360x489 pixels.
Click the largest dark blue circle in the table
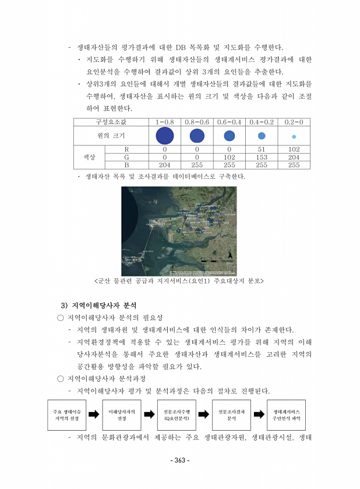(x=165, y=136)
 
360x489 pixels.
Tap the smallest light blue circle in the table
(x=294, y=136)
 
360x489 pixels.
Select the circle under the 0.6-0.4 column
(x=230, y=136)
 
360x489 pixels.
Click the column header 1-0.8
(x=165, y=122)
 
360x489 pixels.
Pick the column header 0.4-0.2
(x=262, y=122)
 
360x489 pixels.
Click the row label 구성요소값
(x=111, y=122)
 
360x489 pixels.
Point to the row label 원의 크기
(x=111, y=136)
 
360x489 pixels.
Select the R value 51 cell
(x=262, y=149)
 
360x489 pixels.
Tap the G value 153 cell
(x=262, y=157)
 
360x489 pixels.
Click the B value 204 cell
(x=165, y=165)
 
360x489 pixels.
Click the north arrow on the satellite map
(x=231, y=255)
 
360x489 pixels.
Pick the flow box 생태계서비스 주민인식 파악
(x=287, y=414)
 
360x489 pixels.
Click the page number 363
(x=179, y=460)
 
